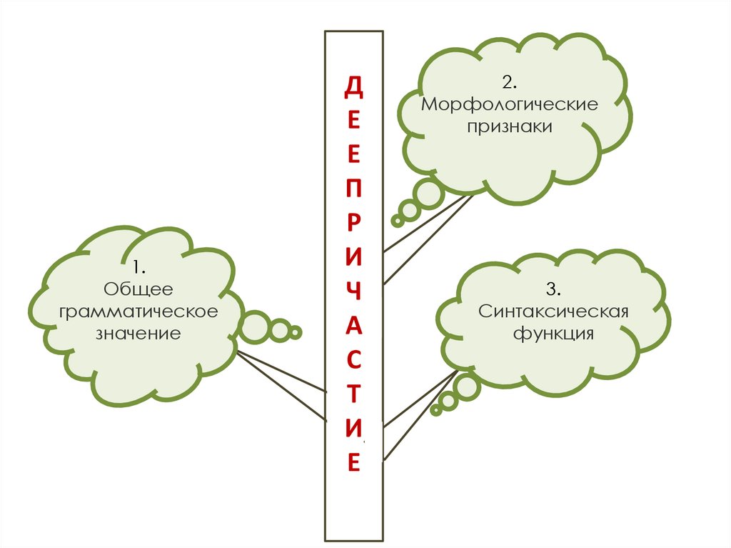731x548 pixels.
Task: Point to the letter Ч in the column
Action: tap(353, 291)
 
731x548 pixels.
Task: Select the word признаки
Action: tap(510, 126)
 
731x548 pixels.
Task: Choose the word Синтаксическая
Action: tap(553, 312)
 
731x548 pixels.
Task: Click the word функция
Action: tap(553, 334)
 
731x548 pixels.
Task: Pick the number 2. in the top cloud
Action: tap(509, 83)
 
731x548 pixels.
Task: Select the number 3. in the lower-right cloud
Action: tap(553, 289)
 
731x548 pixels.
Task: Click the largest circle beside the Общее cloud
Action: tap(254, 327)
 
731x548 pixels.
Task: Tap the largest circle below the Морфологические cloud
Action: tap(429, 194)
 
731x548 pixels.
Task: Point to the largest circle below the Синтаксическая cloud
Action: tap(468, 387)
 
